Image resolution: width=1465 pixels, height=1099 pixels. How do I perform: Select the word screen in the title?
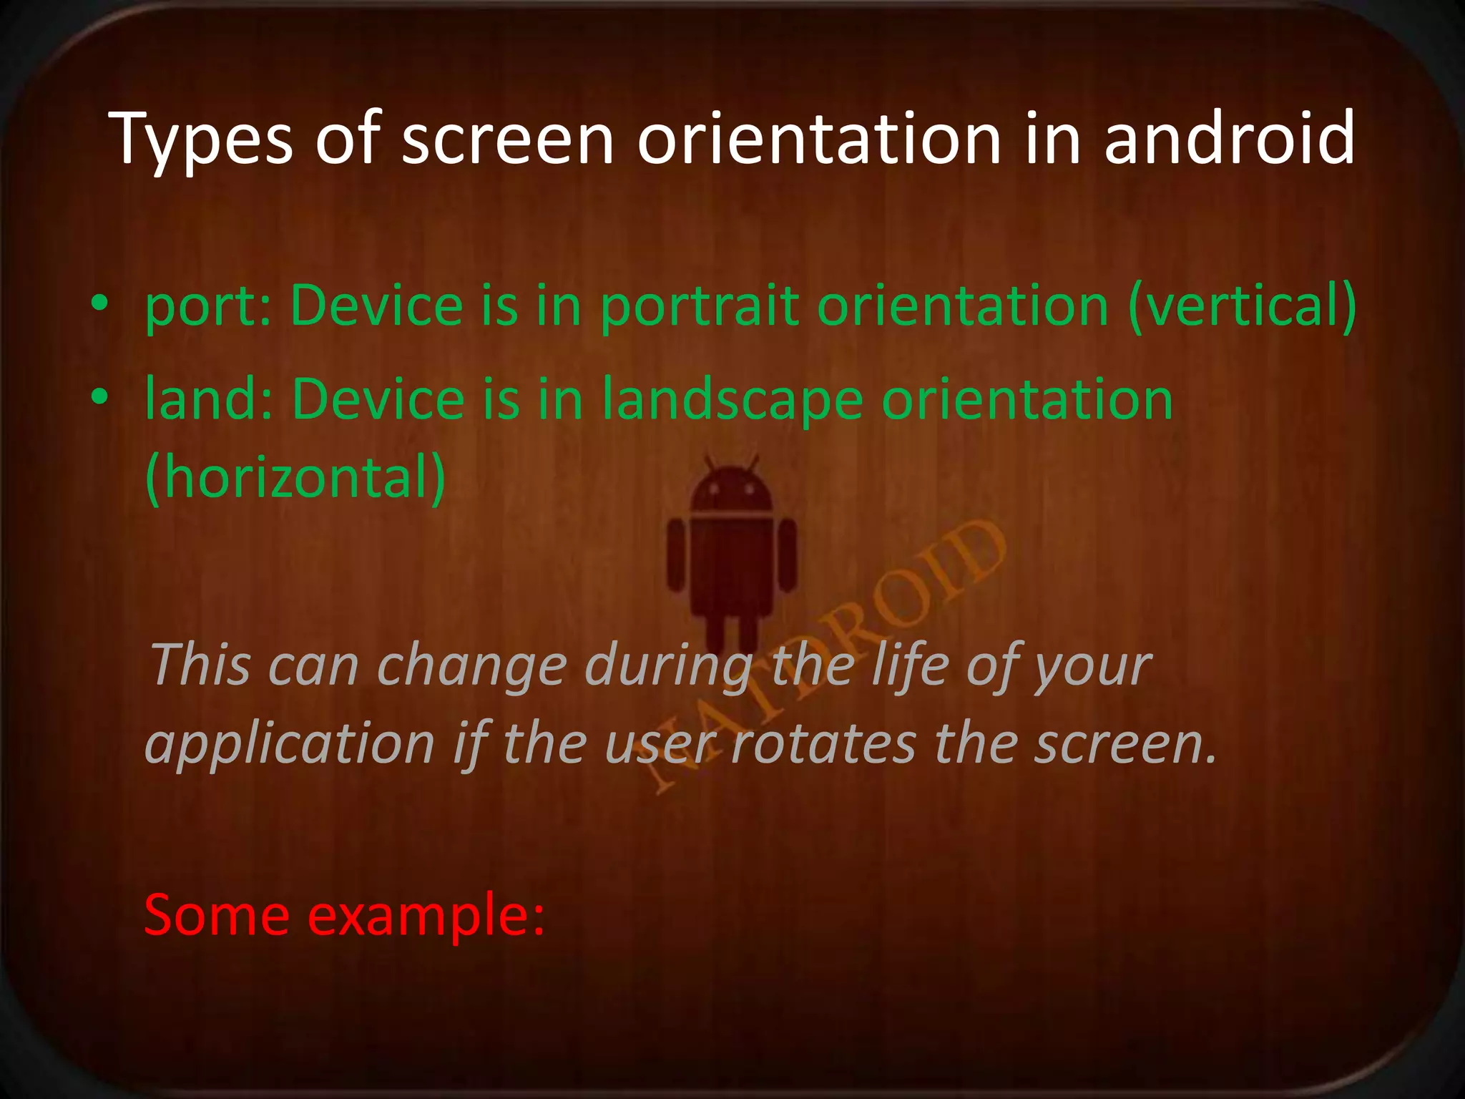[507, 140]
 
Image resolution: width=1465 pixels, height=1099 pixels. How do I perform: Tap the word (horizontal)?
[295, 478]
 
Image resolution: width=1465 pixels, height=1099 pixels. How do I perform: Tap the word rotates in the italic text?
[823, 744]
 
